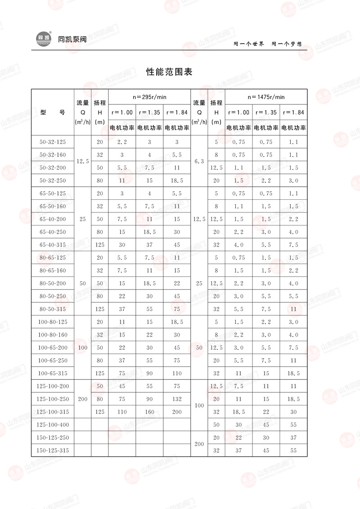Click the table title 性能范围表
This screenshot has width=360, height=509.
point(170,72)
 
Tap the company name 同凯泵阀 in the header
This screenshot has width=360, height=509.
point(72,39)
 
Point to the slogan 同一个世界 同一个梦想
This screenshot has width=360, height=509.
point(267,44)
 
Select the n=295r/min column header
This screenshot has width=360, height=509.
point(149,97)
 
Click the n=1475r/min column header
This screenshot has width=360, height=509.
point(266,97)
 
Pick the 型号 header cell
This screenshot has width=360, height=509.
point(53,113)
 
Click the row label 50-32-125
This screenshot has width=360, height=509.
point(53,142)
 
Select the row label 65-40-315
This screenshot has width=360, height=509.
point(53,245)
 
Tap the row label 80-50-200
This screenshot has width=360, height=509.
point(53,284)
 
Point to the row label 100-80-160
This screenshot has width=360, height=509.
point(53,335)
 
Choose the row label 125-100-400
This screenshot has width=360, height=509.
point(53,425)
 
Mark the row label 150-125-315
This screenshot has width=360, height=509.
point(53,450)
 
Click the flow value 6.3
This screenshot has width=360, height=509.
point(199,161)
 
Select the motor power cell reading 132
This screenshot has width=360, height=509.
point(177,399)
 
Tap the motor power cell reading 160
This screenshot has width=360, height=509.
point(149,412)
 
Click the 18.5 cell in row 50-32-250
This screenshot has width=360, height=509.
point(177,180)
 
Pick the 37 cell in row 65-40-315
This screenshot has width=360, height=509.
point(149,245)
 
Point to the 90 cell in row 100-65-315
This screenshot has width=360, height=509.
point(149,374)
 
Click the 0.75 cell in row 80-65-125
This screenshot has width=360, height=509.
point(238,258)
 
